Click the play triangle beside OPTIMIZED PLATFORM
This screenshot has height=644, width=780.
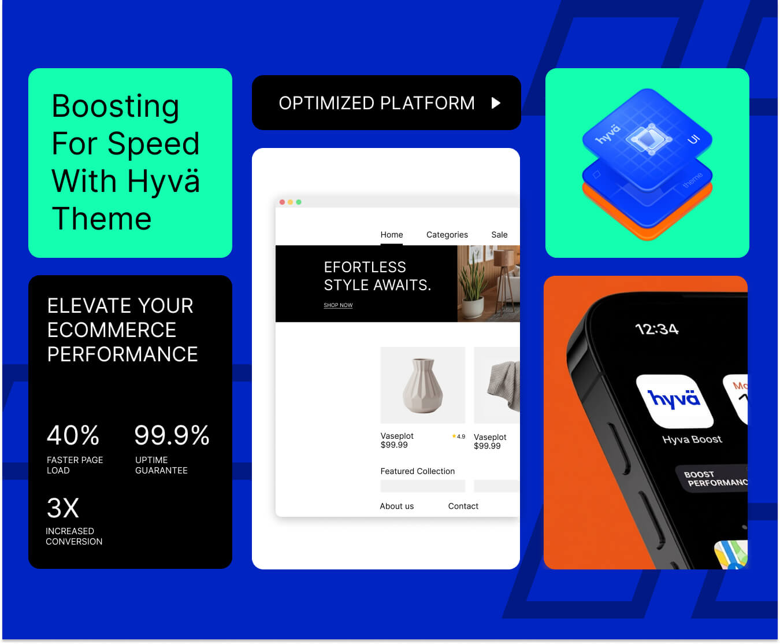496,103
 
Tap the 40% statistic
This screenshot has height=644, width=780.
73,435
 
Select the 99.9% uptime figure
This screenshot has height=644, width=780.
172,435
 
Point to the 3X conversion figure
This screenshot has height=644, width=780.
62,509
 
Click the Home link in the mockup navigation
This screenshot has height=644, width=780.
391,235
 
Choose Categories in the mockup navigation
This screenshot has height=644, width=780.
447,235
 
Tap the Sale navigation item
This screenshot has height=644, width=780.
499,235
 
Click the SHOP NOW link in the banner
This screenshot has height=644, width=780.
338,305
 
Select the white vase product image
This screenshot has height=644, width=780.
422,385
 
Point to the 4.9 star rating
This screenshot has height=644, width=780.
459,436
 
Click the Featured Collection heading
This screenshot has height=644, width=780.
417,471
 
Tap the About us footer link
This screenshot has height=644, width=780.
396,506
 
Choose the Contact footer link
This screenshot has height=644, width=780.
463,506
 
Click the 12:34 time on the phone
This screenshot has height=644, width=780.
656,330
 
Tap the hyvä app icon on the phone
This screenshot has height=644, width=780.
674,400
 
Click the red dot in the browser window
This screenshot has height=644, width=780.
282,202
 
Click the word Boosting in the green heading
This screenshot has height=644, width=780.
116,107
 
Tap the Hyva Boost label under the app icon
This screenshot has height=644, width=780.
692,439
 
